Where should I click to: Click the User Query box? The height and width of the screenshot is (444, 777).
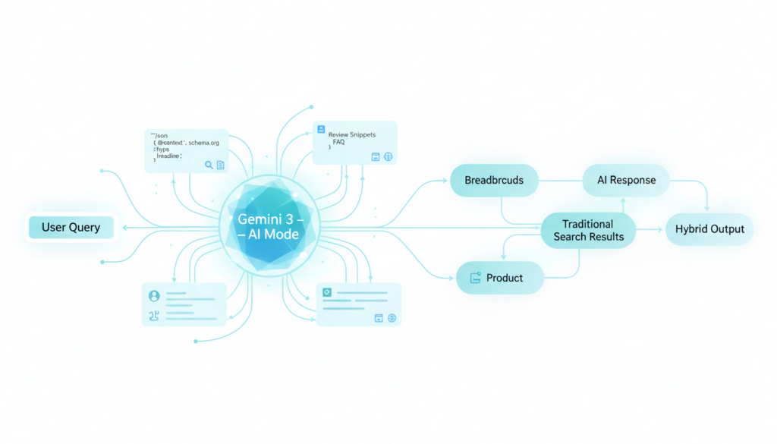[x=71, y=228]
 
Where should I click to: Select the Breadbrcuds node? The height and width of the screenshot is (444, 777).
[x=493, y=181]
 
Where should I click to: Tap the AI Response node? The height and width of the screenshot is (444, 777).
[x=625, y=181]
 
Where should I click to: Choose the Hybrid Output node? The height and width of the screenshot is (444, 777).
[x=709, y=228]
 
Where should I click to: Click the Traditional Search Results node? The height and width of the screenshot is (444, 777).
[x=588, y=230]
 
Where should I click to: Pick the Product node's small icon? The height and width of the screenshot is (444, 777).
[x=476, y=278]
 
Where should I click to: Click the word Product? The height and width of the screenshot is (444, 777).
[x=505, y=278]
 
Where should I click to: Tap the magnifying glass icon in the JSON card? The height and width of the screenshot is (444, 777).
[x=209, y=165]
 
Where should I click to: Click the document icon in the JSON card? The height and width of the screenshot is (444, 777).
[x=221, y=165]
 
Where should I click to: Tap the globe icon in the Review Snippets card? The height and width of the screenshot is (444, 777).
[x=388, y=156]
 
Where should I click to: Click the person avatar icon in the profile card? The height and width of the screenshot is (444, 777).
[x=155, y=295]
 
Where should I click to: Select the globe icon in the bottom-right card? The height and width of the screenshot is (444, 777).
[x=392, y=318]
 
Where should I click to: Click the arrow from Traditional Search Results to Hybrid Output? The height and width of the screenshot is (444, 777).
[x=650, y=228]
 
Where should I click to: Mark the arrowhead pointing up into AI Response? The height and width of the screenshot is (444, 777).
[x=623, y=201]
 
